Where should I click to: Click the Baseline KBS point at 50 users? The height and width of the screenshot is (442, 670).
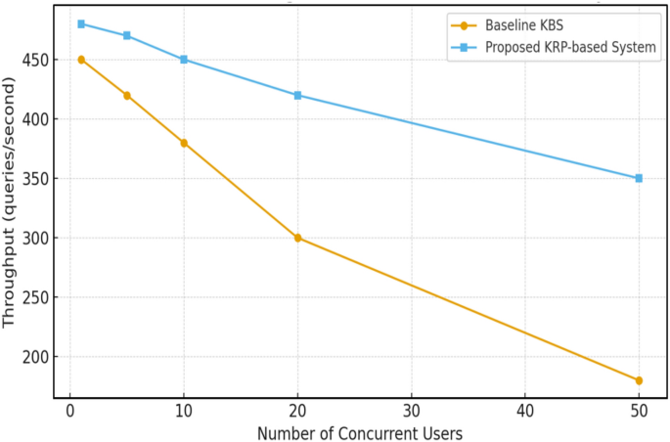coord(639,380)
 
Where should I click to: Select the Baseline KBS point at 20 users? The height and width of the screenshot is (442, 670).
coord(297,238)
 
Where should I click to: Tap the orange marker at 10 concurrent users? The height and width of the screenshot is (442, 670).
coord(183,143)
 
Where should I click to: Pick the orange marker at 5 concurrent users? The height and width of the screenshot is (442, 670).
coord(126,95)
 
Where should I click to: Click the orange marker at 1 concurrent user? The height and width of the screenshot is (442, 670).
coord(81,60)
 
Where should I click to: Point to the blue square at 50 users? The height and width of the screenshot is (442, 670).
coord(639,178)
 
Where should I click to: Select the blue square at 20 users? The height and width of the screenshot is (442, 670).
coord(297,95)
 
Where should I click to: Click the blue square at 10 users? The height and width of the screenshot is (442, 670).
coord(183,60)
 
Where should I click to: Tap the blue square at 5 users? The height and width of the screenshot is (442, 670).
coord(126,35)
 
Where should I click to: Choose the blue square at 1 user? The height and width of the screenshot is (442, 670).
coord(81,23)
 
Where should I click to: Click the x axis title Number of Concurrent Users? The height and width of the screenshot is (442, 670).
coord(359,431)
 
